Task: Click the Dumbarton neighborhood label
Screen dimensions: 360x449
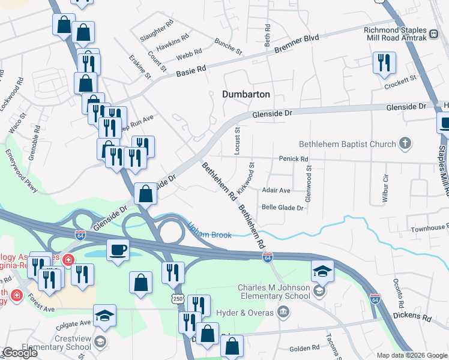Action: coord(246,95)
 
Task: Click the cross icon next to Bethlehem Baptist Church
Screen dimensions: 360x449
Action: coord(406,143)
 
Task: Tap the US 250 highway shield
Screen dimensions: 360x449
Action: coord(177,298)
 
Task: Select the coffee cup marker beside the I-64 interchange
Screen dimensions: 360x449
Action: coord(118,249)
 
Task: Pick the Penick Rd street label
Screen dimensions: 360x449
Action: coord(293,159)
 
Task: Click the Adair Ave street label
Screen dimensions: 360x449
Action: coord(276,190)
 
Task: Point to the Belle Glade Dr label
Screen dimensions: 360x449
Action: coord(282,208)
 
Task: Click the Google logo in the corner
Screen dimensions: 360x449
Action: coord(19,353)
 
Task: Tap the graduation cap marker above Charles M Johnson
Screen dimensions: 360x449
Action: coord(322,272)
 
